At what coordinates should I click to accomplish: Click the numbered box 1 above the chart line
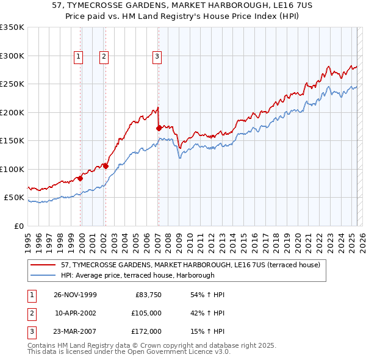[x=79, y=57]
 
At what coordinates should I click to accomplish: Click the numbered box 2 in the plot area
[x=104, y=57]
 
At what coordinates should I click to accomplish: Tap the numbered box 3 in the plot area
[x=157, y=57]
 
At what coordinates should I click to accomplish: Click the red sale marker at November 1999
[x=80, y=178]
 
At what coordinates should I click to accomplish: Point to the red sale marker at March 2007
[x=159, y=128]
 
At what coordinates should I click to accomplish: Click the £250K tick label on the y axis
[x=12, y=84]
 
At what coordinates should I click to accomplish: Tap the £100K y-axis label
[x=12, y=169]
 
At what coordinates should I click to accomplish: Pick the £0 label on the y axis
[x=18, y=226]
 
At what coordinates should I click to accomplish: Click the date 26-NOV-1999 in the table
[x=75, y=295]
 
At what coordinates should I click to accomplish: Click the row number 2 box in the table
[x=30, y=313]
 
